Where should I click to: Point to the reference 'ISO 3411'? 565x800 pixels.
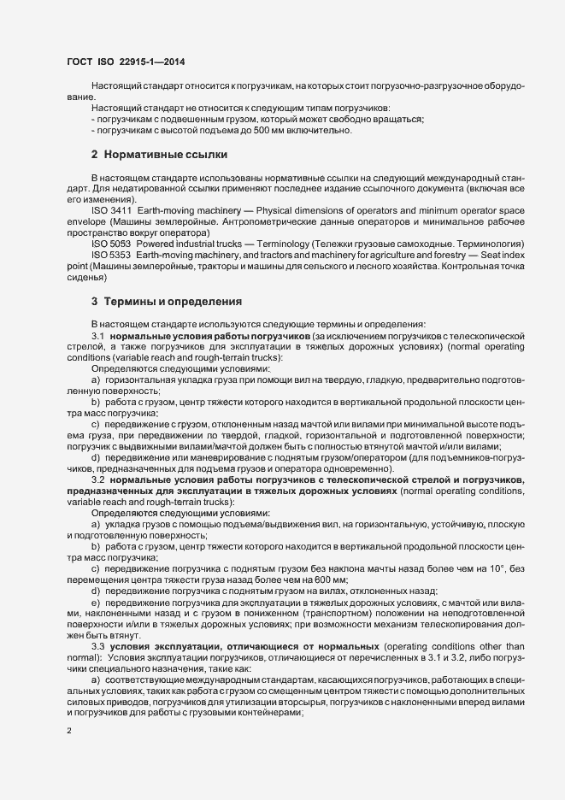[111, 210]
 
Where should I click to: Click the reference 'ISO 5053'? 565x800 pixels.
[111, 244]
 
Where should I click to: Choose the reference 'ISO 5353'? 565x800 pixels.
[111, 255]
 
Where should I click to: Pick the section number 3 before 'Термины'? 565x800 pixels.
[94, 302]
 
